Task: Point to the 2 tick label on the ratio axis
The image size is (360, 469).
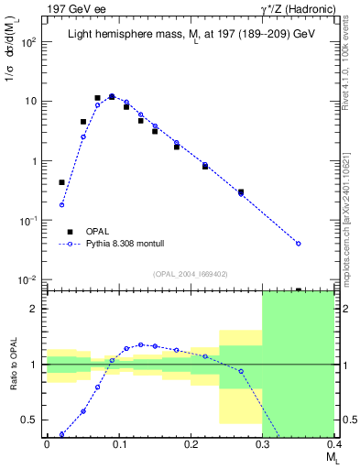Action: click(37, 309)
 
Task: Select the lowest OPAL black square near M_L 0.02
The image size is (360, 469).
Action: click(61, 182)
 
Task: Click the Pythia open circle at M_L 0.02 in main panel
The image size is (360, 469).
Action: click(61, 204)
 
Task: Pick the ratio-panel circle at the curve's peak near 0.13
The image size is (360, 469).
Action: click(140, 344)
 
